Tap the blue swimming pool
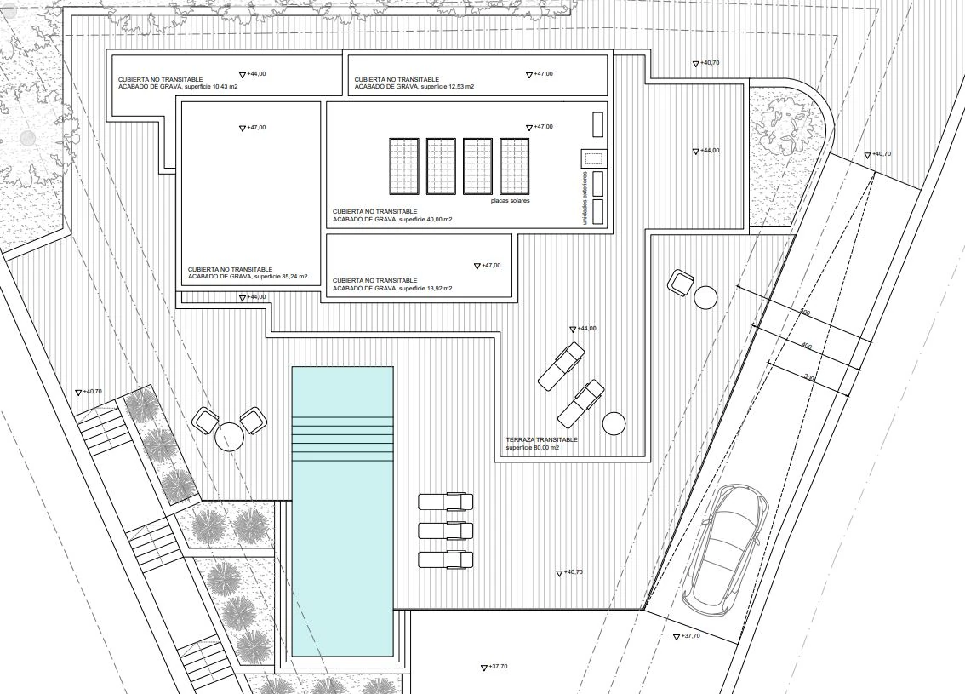(342, 511)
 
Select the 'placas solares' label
(511, 201)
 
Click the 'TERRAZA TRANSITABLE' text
(541, 440)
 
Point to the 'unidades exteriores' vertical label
(585, 198)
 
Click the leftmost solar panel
(403, 166)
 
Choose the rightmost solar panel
(515, 166)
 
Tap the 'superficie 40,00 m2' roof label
(425, 219)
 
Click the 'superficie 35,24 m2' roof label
(281, 277)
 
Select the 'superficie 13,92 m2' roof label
(425, 288)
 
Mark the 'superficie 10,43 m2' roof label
(211, 87)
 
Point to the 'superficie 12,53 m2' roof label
(448, 87)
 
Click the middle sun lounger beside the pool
(446, 531)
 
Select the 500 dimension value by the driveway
(804, 313)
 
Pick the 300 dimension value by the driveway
(809, 377)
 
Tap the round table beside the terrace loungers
(614, 423)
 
